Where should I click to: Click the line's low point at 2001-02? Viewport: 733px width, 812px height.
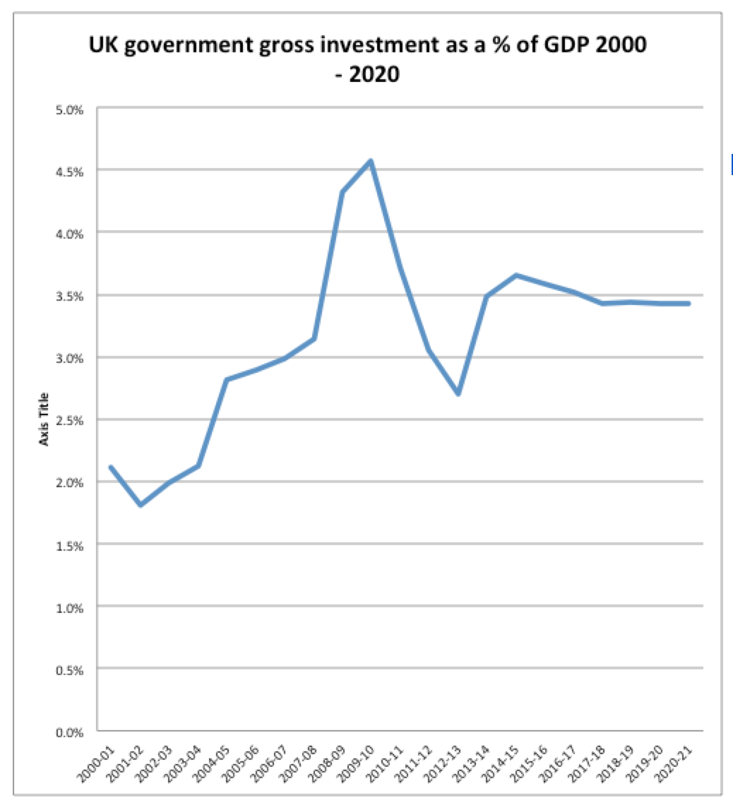pyautogui.click(x=141, y=505)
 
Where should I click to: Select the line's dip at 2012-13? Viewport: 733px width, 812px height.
pyautogui.click(x=458, y=393)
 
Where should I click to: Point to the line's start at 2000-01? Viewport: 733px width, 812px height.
pyautogui.click(x=112, y=467)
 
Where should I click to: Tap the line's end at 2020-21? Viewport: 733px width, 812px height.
pyautogui.click(x=689, y=304)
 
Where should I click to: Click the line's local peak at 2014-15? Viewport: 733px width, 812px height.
pyautogui.click(x=516, y=275)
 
